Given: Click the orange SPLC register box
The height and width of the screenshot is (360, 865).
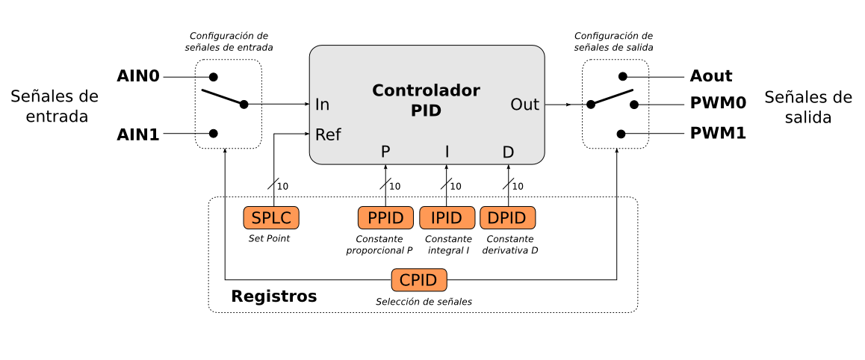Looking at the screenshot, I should pos(271,218).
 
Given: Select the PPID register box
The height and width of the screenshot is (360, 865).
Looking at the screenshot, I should pos(385,218).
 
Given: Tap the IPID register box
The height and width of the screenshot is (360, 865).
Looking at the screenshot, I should pos(447,218).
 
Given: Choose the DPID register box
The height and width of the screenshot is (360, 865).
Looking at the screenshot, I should pos(508,218).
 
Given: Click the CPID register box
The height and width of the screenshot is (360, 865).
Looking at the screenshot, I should pos(419,280).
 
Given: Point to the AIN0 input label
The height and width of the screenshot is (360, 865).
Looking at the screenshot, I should pos(139,76).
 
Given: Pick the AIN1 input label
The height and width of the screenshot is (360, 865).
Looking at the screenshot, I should pos(139,134).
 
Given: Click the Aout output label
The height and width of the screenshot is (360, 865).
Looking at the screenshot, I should pos(712,76).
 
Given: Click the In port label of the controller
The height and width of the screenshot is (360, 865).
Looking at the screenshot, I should pos(322,105).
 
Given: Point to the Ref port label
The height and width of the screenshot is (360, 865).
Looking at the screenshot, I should pos(328,134).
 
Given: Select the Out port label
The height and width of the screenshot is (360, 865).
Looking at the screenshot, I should pos(524,105).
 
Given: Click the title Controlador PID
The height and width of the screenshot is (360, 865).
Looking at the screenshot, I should pos(426,101).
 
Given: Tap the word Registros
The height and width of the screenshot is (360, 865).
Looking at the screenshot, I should pos(273,297).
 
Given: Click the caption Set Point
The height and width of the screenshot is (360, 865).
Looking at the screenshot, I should pos(269,239).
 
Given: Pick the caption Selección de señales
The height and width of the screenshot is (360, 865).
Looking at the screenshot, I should pos(424,302).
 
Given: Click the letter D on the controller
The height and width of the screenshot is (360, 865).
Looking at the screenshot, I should pos(508,152).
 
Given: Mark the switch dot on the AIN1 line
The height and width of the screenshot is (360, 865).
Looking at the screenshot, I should pos(214,134).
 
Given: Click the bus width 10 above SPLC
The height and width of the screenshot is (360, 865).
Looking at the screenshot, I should pos(282,186).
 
